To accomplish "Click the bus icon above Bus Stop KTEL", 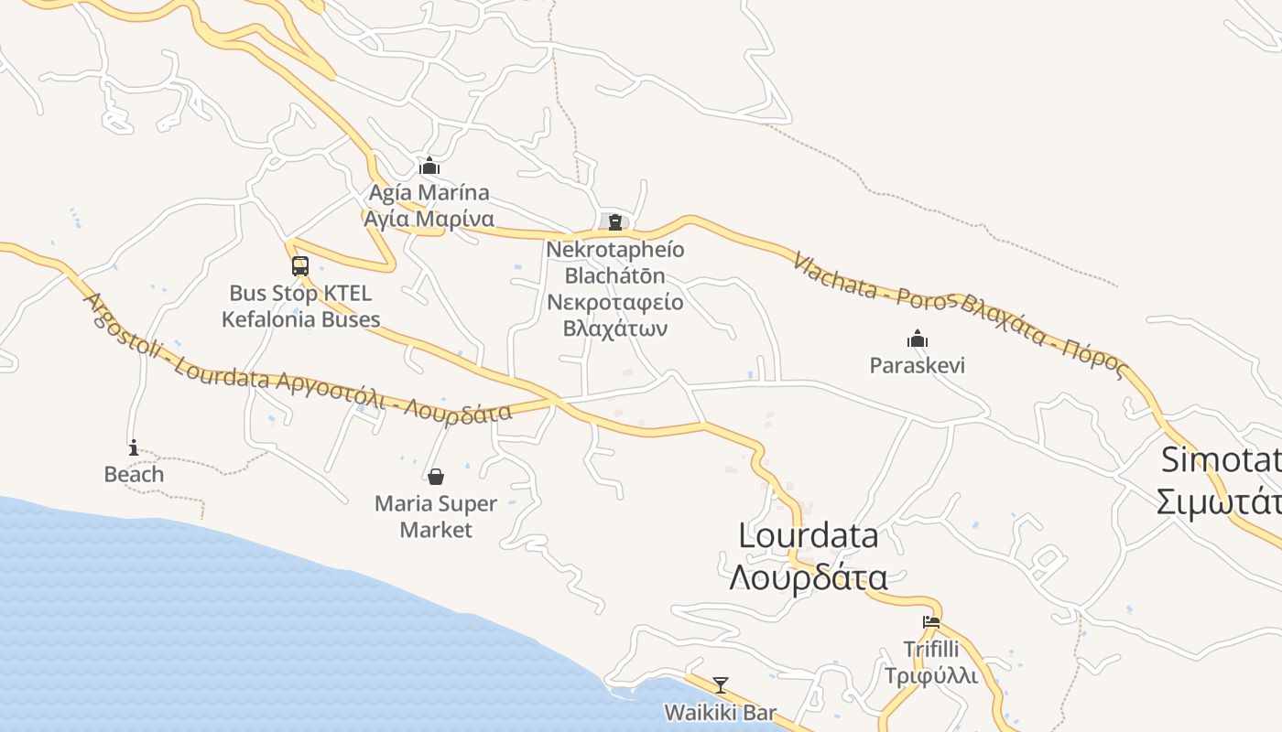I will point(300,266).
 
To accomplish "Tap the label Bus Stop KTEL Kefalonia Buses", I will point(300,307).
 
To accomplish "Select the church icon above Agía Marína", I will point(429,167).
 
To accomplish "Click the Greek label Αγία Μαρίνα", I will point(429,220).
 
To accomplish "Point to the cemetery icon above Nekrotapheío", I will point(614,221).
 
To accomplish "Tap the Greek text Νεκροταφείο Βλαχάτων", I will point(614,316).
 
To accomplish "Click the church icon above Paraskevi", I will point(918,339).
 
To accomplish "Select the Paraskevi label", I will point(917,366).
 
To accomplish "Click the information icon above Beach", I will point(134,447).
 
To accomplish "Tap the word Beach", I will point(134,474).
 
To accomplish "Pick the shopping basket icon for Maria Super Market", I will point(436,477).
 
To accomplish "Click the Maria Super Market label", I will point(436,517).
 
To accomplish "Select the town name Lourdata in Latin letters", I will point(809,536).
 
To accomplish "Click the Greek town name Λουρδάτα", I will point(809,578).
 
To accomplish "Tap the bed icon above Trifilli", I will point(931,622).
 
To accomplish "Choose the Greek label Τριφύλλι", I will point(930,676).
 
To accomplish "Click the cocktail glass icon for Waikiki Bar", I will point(721,684).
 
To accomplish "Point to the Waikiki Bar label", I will point(720,712).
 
